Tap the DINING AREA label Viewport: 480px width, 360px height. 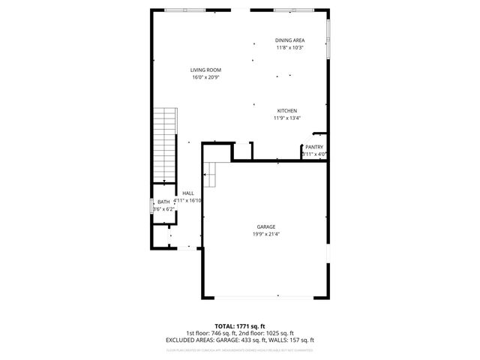(x=289, y=40)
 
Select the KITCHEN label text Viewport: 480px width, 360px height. (x=287, y=110)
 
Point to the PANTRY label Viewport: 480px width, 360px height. (x=313, y=147)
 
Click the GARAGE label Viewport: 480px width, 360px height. (x=266, y=226)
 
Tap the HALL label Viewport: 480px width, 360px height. (x=187, y=193)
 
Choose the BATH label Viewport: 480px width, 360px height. (x=163, y=202)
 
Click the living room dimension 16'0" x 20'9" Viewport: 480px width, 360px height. (x=205, y=77)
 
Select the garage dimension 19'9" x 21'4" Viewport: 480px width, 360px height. (x=266, y=234)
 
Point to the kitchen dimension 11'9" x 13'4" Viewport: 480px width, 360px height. (x=287, y=118)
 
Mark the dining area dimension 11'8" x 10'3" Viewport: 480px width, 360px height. (x=289, y=48)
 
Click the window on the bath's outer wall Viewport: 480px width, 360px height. (x=151, y=206)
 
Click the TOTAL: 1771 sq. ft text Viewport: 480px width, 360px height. (x=240, y=326)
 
